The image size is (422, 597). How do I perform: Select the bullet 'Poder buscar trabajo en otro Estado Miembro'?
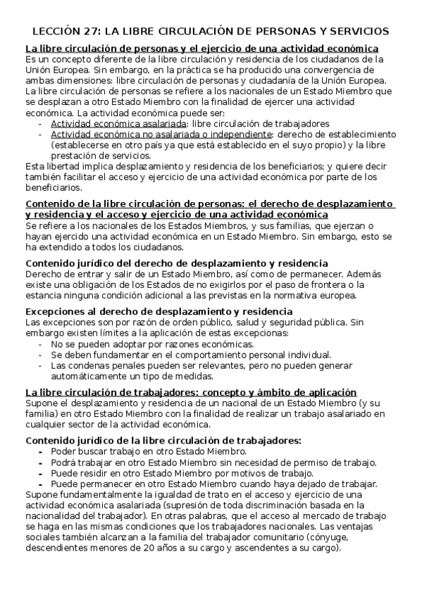148,451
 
